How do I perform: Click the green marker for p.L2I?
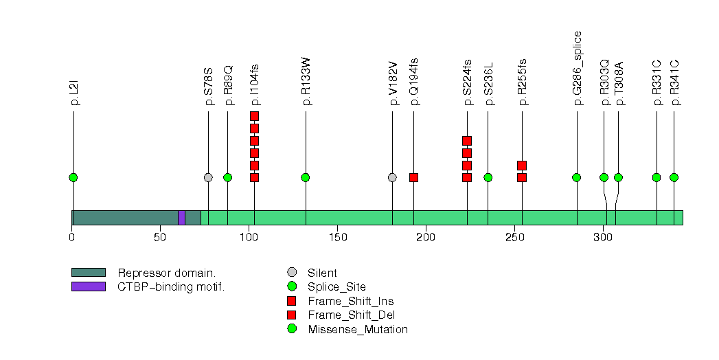pyautogui.click(x=73, y=177)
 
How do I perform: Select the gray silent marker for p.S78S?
pyautogui.click(x=208, y=177)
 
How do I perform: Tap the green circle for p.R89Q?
pyautogui.click(x=227, y=177)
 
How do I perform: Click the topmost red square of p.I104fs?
pyautogui.click(x=254, y=116)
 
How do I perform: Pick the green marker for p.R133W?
pyautogui.click(x=306, y=177)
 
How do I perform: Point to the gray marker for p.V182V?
pyautogui.click(x=392, y=177)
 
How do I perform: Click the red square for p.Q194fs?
pyautogui.click(x=413, y=177)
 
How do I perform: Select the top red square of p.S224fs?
pyautogui.click(x=467, y=141)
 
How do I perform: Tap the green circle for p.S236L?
pyautogui.click(x=488, y=177)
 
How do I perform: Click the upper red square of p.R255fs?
pyautogui.click(x=522, y=166)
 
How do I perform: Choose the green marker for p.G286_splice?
pyautogui.click(x=577, y=177)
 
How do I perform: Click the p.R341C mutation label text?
pyautogui.click(x=674, y=82)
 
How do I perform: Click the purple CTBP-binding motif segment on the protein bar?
pyautogui.click(x=181, y=218)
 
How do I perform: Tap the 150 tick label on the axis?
pyautogui.click(x=336, y=238)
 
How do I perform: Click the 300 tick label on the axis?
pyautogui.click(x=602, y=238)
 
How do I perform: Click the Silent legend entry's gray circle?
pyautogui.click(x=292, y=273)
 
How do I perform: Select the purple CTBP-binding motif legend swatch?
pyautogui.click(x=88, y=286)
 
